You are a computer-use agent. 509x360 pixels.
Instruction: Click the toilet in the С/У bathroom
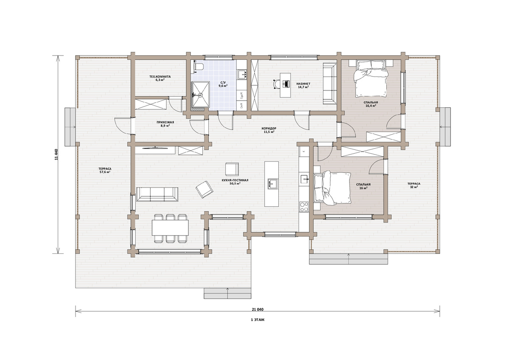[x=198, y=67]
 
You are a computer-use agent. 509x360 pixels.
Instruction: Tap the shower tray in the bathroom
[x=200, y=94]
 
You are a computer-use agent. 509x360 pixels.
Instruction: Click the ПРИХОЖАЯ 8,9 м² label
[x=165, y=124]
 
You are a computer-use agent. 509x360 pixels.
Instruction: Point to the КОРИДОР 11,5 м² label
[x=269, y=130]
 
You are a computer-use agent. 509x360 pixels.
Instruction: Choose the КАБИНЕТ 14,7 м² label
[x=303, y=85]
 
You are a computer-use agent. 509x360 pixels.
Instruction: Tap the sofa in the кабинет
[x=330, y=84]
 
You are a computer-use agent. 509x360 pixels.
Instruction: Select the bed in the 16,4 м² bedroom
[x=371, y=78]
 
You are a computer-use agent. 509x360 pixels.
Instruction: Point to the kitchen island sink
[x=273, y=184]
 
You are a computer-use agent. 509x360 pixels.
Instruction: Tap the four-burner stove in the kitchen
[x=304, y=207]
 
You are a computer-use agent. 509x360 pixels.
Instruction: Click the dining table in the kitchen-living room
[x=170, y=228]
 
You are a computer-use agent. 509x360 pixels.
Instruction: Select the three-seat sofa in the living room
[x=157, y=194]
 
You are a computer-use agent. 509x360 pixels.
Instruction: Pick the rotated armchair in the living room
[x=204, y=189]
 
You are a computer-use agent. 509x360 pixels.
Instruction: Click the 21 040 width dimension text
[x=258, y=309]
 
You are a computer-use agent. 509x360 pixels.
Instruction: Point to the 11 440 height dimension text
[x=56, y=155]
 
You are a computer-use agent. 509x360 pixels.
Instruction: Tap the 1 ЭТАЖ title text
[x=258, y=320]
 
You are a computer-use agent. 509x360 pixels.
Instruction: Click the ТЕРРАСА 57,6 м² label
[x=105, y=170]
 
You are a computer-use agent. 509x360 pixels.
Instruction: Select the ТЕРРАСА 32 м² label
[x=414, y=186]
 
